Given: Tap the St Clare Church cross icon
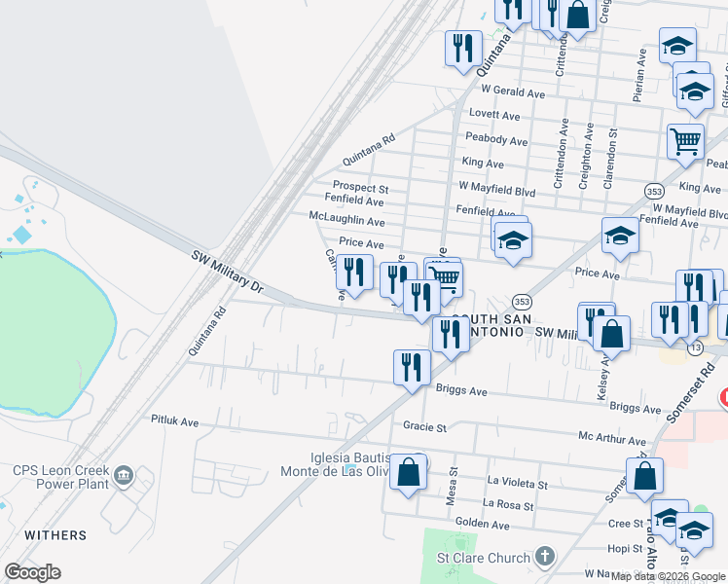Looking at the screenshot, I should (x=546, y=558).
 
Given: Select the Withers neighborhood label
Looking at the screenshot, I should (x=55, y=535).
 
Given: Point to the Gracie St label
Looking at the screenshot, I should (x=424, y=426).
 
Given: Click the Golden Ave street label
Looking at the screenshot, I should (x=483, y=525).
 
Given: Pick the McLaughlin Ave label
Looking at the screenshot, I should (x=346, y=221).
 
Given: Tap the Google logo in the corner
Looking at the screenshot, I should (x=32, y=572).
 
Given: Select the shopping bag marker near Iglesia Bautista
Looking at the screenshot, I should (x=409, y=472).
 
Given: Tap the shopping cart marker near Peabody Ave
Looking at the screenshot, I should (x=685, y=141).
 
